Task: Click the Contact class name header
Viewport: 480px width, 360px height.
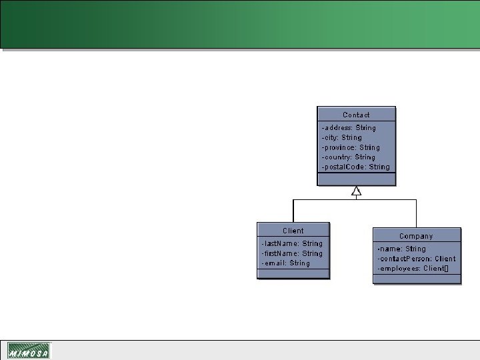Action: click(356, 115)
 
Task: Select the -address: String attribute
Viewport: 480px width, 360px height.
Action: click(349, 127)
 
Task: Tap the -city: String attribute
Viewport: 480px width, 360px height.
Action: click(342, 137)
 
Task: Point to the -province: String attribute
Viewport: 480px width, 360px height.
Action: click(351, 147)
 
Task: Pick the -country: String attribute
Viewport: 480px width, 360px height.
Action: click(349, 157)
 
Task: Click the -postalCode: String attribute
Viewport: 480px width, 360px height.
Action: click(356, 167)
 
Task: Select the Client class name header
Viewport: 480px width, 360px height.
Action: click(293, 231)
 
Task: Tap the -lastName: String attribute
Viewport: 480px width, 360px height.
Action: click(292, 243)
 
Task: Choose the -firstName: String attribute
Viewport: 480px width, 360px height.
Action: click(292, 253)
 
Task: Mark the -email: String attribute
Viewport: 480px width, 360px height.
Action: click(286, 263)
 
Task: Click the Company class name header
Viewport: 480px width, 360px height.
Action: click(416, 236)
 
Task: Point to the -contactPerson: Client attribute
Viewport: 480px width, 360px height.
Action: click(416, 259)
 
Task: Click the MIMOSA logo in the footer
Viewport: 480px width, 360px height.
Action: click(29, 351)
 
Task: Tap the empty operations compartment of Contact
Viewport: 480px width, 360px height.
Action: click(356, 179)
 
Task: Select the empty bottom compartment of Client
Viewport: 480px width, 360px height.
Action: click(293, 273)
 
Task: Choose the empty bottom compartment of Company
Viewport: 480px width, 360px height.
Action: click(416, 278)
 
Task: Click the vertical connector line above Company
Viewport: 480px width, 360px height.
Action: click(417, 213)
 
